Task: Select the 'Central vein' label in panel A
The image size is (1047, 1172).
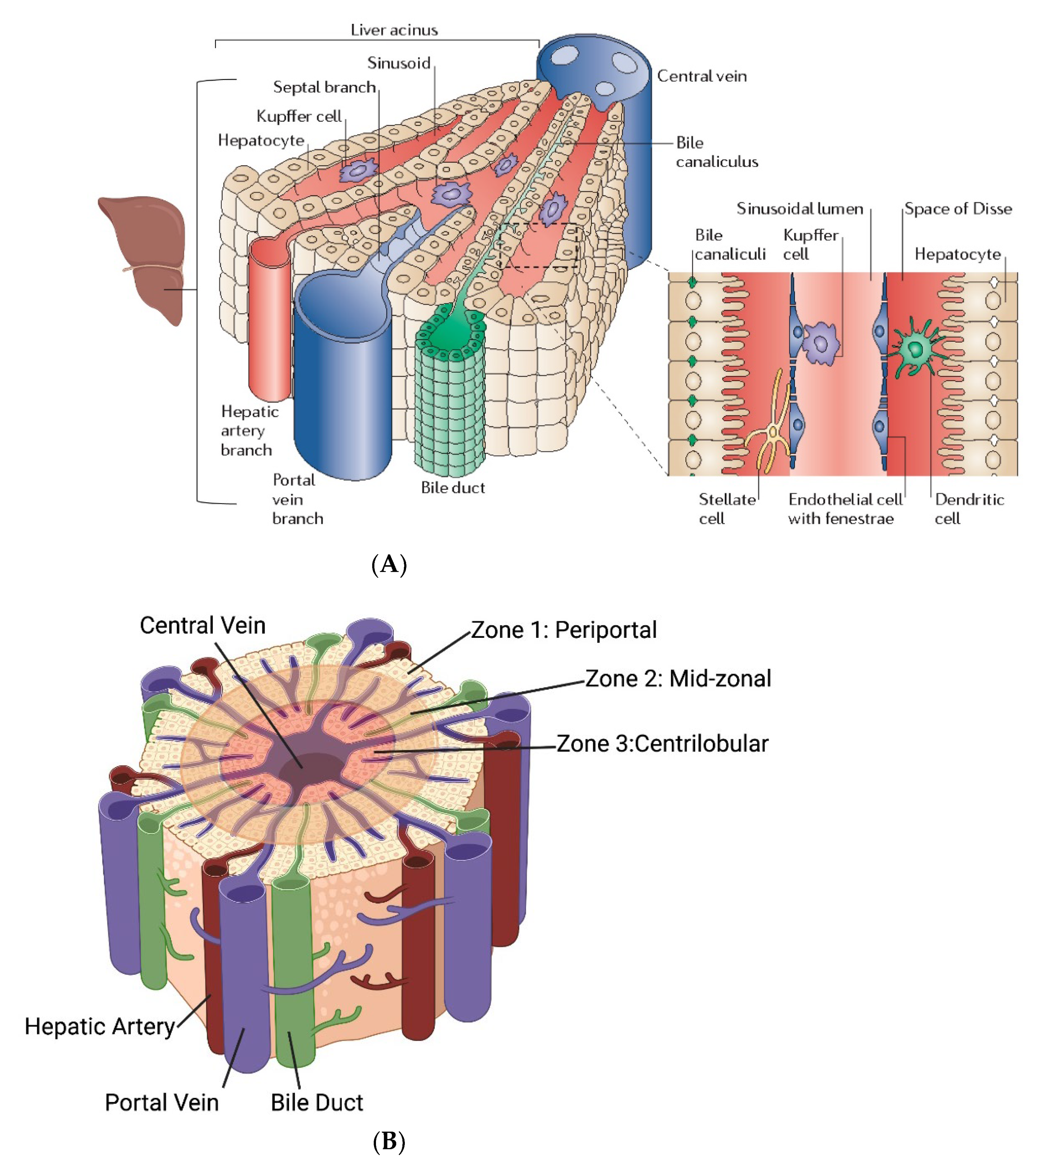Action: coord(702,76)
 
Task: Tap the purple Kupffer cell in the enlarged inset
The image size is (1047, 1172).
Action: coord(822,343)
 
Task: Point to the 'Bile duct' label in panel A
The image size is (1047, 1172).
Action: coord(453,488)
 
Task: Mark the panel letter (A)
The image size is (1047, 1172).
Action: coord(390,564)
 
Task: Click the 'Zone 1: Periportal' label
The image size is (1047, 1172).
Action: coord(564,630)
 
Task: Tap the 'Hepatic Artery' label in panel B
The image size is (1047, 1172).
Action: coord(99,1027)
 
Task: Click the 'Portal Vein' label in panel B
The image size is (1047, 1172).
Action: coord(162,1102)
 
